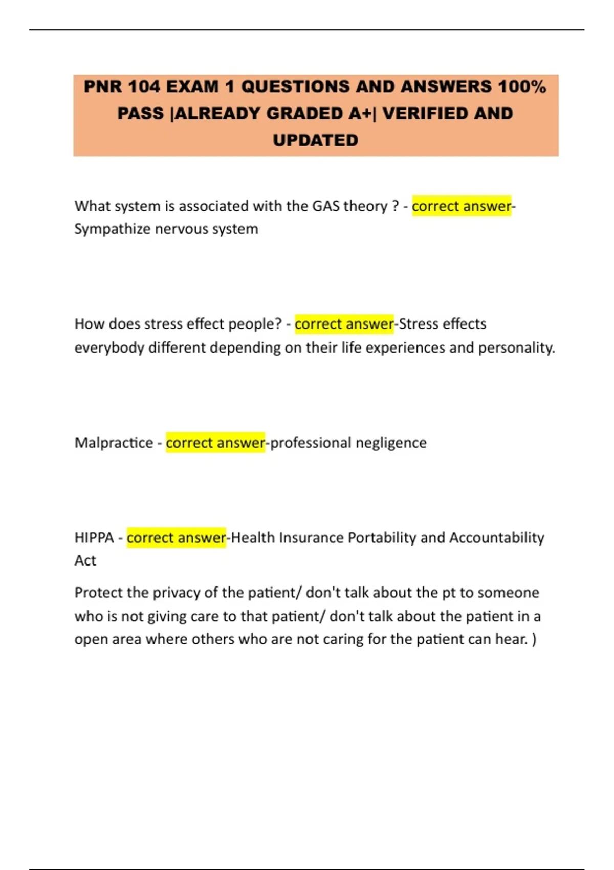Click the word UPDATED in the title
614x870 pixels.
(x=315, y=140)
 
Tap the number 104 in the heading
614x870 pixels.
(x=144, y=86)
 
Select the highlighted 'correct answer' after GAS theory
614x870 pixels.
(x=462, y=206)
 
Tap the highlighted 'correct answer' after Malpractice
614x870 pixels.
(x=215, y=442)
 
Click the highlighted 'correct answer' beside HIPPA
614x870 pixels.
(x=176, y=537)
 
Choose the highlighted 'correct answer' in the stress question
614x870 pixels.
(x=344, y=323)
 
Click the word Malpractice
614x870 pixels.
(x=114, y=442)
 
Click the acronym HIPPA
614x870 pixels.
(x=94, y=537)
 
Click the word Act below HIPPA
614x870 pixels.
(x=85, y=560)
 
